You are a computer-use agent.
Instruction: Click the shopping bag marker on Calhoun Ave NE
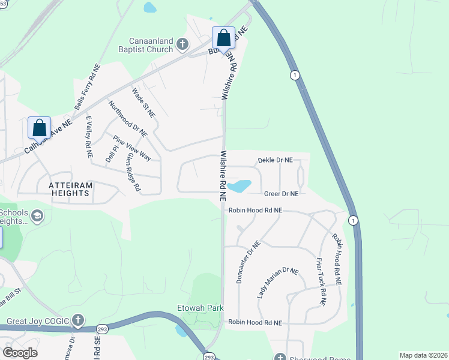[39, 128]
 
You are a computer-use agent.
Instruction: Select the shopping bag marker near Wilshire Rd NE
[223, 38]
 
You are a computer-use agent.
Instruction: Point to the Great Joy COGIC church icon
[77, 319]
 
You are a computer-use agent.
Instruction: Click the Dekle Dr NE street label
[275, 160]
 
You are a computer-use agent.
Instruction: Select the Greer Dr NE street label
[281, 193]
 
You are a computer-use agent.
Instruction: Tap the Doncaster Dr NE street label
[247, 262]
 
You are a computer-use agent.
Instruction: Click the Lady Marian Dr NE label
[277, 283]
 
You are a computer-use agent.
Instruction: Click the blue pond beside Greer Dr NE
[240, 186]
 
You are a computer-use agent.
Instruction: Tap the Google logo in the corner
[20, 352]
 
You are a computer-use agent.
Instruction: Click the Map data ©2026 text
[423, 355]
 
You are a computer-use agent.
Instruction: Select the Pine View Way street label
[132, 148]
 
